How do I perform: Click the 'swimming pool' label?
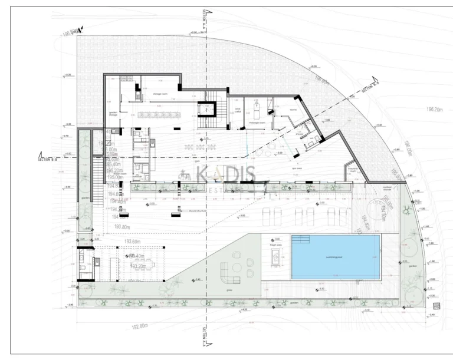tap(334, 257)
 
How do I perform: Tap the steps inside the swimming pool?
tap(300, 240)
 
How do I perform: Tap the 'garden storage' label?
tap(113, 114)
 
